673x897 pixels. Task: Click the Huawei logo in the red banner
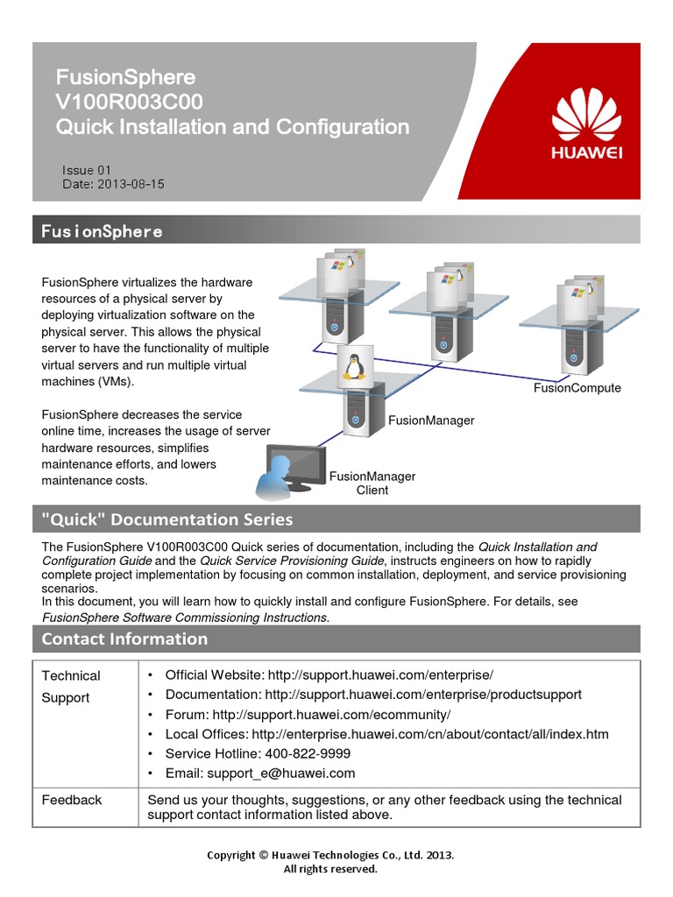(x=586, y=127)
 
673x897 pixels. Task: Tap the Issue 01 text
(x=87, y=170)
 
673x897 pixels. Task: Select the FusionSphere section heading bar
(x=336, y=230)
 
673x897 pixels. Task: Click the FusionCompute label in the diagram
(x=577, y=388)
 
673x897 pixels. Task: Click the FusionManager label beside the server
(x=430, y=420)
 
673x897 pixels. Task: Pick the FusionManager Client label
(x=372, y=483)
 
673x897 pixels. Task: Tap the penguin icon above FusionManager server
(x=355, y=364)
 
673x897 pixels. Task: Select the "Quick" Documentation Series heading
(x=167, y=519)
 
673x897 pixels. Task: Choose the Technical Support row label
(x=70, y=687)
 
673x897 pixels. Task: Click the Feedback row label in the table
(x=72, y=800)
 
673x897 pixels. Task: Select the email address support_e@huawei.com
(x=280, y=773)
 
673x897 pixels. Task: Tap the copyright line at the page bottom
(x=329, y=855)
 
